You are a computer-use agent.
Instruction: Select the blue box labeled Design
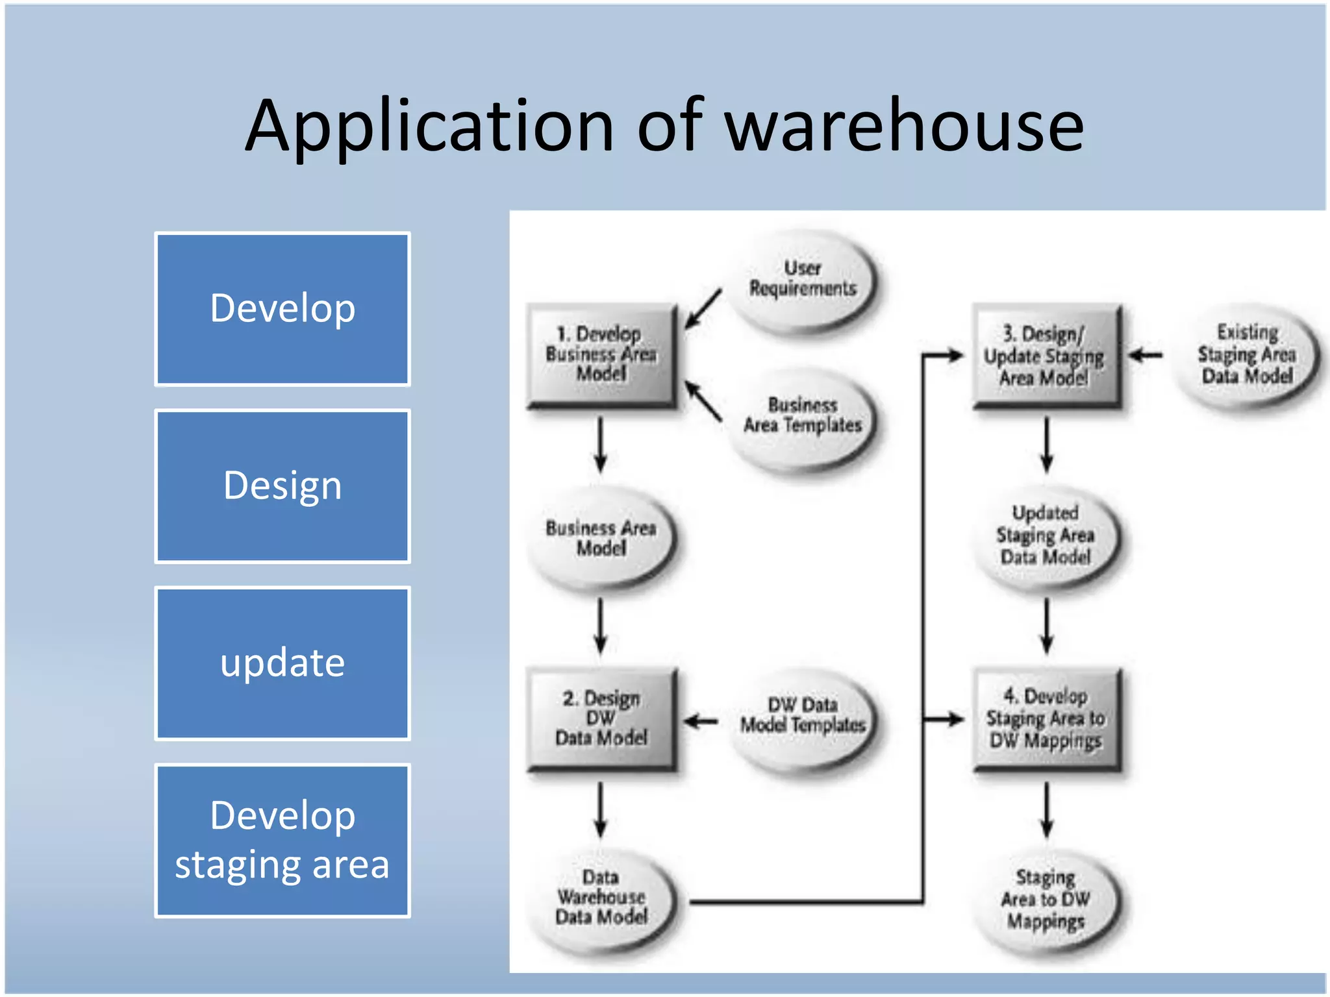[x=282, y=486]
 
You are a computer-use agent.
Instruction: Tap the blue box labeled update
[x=282, y=663]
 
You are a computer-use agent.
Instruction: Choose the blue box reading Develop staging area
[x=282, y=841]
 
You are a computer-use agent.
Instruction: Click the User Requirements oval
[x=803, y=279]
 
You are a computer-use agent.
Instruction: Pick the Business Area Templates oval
[x=803, y=416]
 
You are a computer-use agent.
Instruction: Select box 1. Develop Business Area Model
[x=601, y=354]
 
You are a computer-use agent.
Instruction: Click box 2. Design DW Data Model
[x=601, y=719]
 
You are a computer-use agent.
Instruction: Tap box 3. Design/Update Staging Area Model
[x=1046, y=356]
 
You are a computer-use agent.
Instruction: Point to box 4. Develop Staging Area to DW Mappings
[x=1046, y=719]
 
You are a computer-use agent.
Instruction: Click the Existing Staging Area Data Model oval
[x=1246, y=354]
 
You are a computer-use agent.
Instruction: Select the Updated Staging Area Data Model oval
[x=1046, y=535]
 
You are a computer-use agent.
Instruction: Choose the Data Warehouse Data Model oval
[x=601, y=898]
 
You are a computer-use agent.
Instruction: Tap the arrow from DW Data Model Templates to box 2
[x=701, y=720]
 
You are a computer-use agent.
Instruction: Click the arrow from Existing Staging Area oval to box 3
[x=1146, y=355]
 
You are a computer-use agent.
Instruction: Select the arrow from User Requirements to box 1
[x=703, y=309]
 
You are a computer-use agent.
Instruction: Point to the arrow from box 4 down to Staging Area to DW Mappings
[x=1046, y=809]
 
